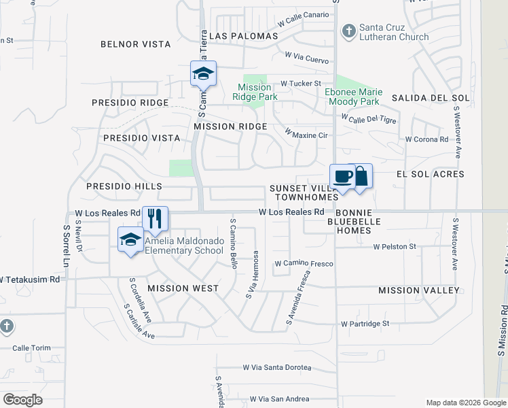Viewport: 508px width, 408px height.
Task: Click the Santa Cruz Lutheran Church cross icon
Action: (x=348, y=31)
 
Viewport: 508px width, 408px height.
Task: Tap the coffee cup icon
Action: (x=343, y=177)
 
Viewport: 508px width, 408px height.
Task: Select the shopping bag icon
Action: (x=361, y=176)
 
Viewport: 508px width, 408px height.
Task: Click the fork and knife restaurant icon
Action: (x=156, y=218)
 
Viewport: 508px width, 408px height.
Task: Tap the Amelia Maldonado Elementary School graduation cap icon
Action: (x=130, y=239)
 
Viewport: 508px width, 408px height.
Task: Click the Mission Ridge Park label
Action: (x=255, y=92)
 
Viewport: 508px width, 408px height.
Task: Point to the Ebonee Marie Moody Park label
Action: (x=353, y=97)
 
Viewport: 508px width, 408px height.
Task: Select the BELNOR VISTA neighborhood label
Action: (x=135, y=44)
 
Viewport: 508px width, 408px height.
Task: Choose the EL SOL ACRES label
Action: (x=430, y=174)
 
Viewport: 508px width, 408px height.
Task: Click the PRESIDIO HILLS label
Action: (x=124, y=186)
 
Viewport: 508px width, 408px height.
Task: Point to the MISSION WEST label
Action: (x=183, y=288)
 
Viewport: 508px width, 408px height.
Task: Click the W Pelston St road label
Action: (x=394, y=247)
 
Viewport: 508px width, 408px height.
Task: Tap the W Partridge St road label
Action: (x=365, y=324)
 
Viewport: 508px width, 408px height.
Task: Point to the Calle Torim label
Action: (x=31, y=348)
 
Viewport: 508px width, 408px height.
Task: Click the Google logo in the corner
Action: (x=22, y=400)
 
